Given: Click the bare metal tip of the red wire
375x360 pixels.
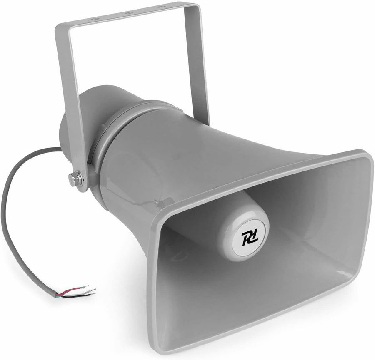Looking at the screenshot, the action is [86, 286].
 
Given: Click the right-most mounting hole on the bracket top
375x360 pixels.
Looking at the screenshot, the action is [160, 7].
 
